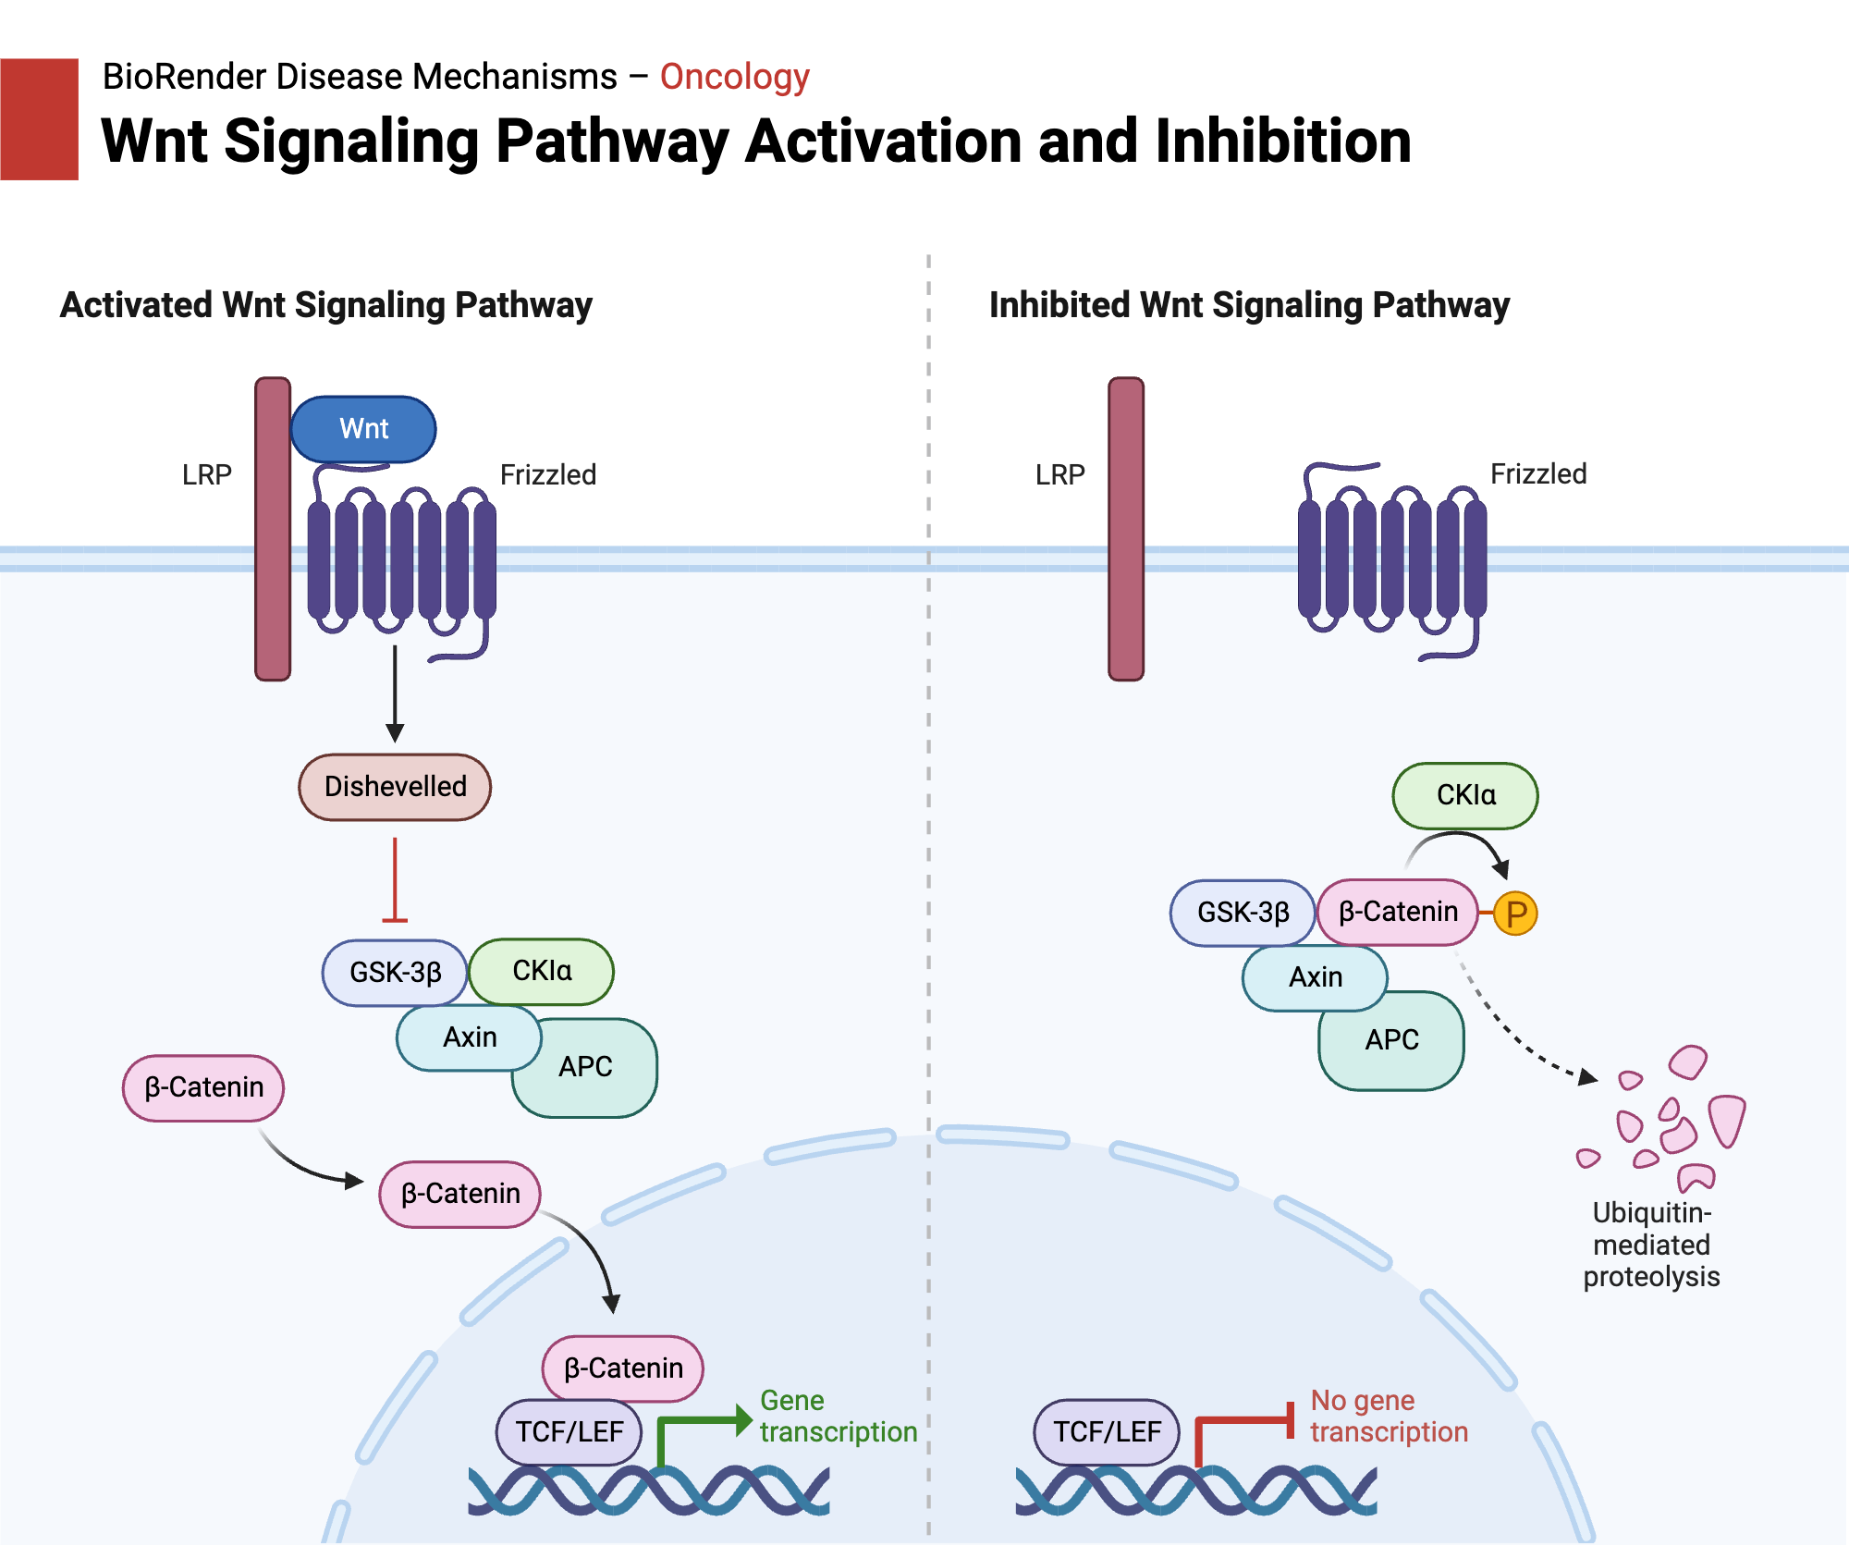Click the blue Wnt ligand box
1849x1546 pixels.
(363, 429)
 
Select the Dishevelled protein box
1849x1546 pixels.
(395, 787)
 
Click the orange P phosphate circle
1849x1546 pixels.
(1516, 914)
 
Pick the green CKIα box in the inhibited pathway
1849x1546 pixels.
(1465, 795)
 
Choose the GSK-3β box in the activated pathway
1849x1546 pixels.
(395, 973)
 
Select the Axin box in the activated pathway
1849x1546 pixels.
(469, 1037)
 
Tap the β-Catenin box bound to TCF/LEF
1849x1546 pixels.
(623, 1368)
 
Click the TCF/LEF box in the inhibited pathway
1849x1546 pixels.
(1107, 1432)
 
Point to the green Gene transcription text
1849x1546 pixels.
(838, 1417)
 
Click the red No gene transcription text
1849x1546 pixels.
(1389, 1417)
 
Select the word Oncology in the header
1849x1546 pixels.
(735, 77)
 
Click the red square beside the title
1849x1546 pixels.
(39, 119)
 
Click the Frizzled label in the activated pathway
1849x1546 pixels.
(547, 475)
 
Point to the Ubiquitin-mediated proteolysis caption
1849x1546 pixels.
(1651, 1245)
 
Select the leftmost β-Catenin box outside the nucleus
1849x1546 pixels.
(203, 1087)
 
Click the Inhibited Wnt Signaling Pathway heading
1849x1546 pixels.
(1249, 305)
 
